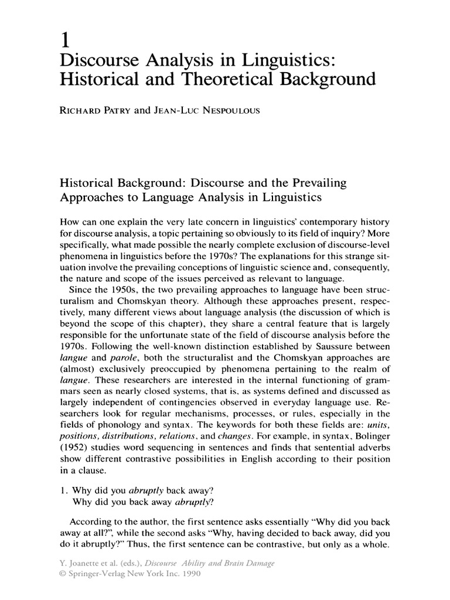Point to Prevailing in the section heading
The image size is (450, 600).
tap(315, 183)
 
